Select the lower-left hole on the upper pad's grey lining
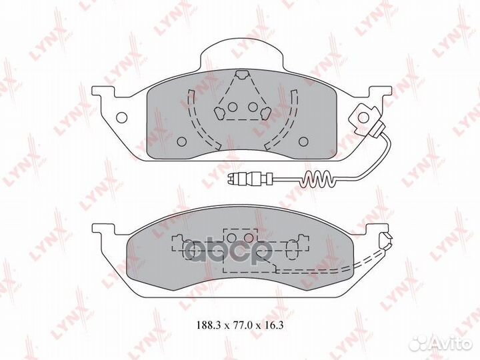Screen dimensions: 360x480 182,141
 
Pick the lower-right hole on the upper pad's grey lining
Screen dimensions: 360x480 304,141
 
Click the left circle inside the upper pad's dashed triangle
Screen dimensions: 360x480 232,106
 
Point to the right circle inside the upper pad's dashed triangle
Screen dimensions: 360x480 253,106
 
